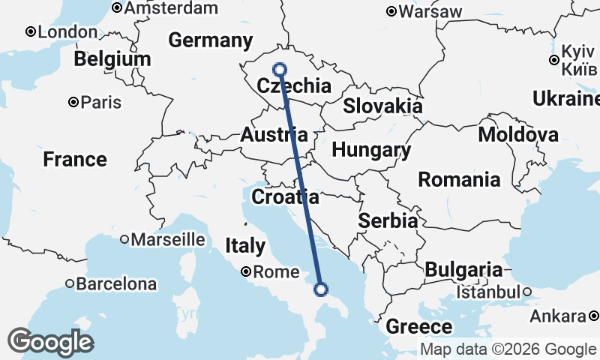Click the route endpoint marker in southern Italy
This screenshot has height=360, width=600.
321,289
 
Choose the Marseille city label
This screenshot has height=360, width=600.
168,239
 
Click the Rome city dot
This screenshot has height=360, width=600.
246,272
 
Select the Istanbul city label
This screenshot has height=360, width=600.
489,291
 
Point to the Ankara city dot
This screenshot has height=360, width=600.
594,316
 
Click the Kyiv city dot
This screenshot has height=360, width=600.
553,60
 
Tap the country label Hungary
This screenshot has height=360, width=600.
371,150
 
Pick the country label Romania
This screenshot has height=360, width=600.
459,179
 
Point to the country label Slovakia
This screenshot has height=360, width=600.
382,106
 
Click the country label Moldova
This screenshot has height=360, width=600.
517,135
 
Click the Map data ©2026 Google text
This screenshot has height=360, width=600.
508,349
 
